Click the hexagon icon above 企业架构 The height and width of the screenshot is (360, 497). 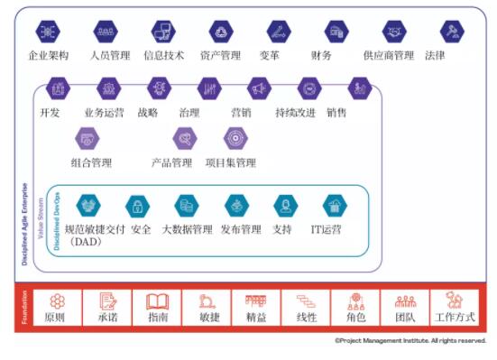click(x=49, y=32)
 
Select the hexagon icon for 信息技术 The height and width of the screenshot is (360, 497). click(x=163, y=32)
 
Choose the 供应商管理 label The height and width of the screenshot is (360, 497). click(x=389, y=55)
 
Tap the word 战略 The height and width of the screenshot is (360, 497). click(x=148, y=113)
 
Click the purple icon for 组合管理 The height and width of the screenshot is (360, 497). click(x=87, y=138)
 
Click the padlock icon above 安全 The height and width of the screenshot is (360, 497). click(x=138, y=206)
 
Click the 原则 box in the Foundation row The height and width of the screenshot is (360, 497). click(x=57, y=308)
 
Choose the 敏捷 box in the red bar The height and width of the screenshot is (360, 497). click(x=206, y=308)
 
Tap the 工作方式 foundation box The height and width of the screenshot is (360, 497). click(x=454, y=308)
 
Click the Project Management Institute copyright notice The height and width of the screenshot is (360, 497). click(x=410, y=341)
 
